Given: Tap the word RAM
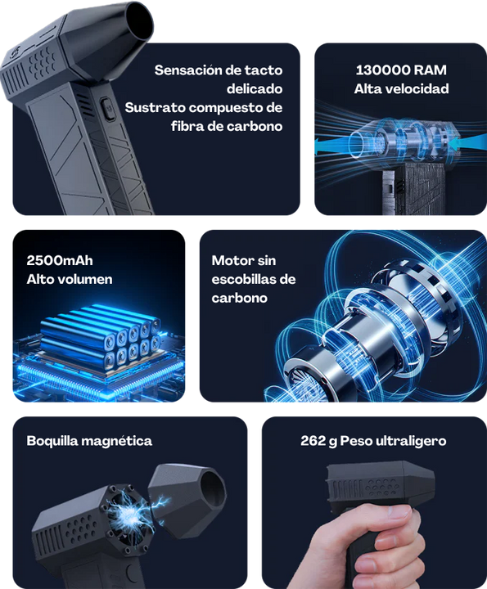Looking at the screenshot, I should [x=431, y=70].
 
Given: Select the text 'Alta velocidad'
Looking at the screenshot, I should [x=401, y=88].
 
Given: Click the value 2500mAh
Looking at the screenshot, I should [x=60, y=261].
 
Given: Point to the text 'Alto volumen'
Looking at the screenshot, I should [x=70, y=279].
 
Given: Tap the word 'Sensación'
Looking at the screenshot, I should [x=188, y=70].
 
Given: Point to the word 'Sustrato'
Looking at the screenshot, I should [x=155, y=107].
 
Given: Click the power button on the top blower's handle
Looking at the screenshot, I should [x=106, y=107].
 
